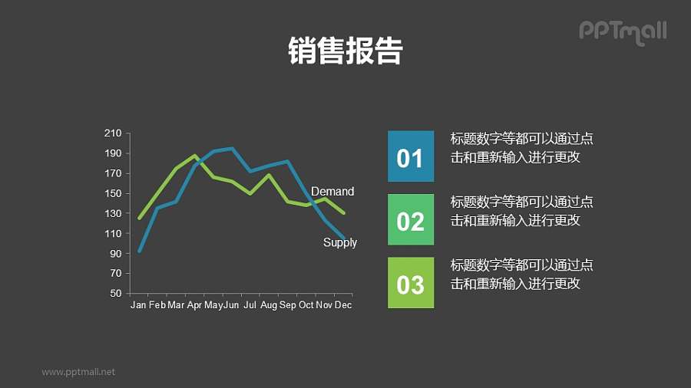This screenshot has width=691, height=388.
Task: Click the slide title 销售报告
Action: (345, 51)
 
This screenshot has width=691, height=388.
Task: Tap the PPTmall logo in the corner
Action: (622, 31)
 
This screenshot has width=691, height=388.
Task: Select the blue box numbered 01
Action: (410, 157)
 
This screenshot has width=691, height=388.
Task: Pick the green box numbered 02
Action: (410, 220)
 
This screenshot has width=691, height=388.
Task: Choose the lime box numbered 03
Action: (410, 283)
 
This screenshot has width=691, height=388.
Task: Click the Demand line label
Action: (332, 191)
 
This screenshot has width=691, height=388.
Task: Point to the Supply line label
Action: (339, 242)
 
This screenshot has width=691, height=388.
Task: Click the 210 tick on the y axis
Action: (113, 133)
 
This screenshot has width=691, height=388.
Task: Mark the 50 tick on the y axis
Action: (115, 294)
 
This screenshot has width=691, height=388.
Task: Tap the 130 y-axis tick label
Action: (113, 213)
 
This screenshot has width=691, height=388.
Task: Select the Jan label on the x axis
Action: (138, 305)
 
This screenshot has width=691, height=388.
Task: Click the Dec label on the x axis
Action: (343, 305)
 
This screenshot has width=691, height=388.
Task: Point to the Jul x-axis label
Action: (250, 305)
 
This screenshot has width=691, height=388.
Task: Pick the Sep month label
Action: (287, 305)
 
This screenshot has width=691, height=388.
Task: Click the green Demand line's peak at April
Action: (194, 155)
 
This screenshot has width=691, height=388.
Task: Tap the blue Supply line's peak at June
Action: (232, 149)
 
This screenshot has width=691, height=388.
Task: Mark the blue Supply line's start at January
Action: (139, 251)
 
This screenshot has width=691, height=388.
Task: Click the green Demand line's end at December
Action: (344, 212)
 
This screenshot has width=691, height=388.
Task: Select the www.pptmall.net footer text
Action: (78, 372)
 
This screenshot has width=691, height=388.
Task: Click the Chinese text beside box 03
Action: (521, 275)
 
